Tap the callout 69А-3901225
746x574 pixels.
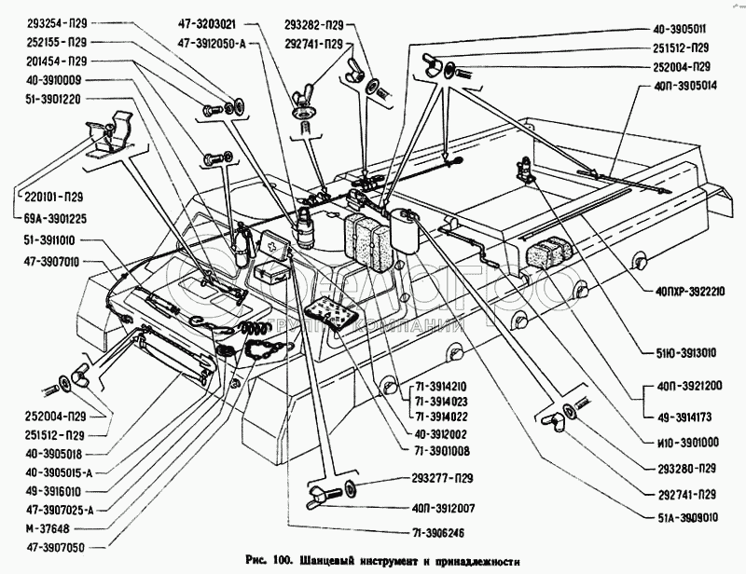tap(52, 218)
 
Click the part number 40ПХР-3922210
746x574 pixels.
tap(683, 291)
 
